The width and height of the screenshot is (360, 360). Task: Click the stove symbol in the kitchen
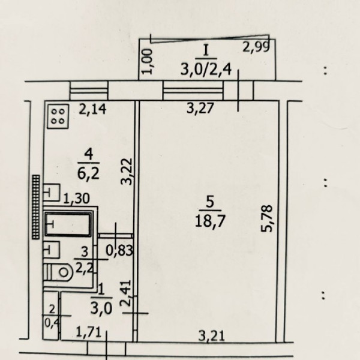tap(58, 116)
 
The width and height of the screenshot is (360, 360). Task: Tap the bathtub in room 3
tap(68, 224)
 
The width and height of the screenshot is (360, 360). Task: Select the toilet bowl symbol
tap(58, 272)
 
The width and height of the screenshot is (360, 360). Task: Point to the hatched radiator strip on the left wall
tap(36, 207)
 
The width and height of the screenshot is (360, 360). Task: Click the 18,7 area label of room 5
tap(210, 221)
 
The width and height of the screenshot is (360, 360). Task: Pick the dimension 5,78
tap(267, 218)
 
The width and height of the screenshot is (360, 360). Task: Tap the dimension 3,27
tap(200, 108)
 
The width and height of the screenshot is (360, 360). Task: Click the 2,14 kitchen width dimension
tap(92, 109)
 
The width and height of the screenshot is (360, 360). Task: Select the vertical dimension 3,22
tap(127, 172)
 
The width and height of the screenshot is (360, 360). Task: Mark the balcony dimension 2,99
tap(256, 47)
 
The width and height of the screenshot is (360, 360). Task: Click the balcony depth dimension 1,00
tap(148, 62)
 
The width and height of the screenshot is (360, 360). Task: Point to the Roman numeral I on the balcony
tap(206, 50)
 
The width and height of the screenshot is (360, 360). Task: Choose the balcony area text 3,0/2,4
tap(206, 69)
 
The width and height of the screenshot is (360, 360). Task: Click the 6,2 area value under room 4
tap(88, 173)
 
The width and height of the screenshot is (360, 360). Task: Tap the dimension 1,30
tap(76, 199)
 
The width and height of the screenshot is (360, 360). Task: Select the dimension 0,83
tap(119, 250)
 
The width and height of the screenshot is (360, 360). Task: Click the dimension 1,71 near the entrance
tap(89, 332)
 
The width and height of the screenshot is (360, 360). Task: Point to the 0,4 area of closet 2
tap(52, 323)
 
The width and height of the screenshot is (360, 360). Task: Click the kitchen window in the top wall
tap(89, 91)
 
